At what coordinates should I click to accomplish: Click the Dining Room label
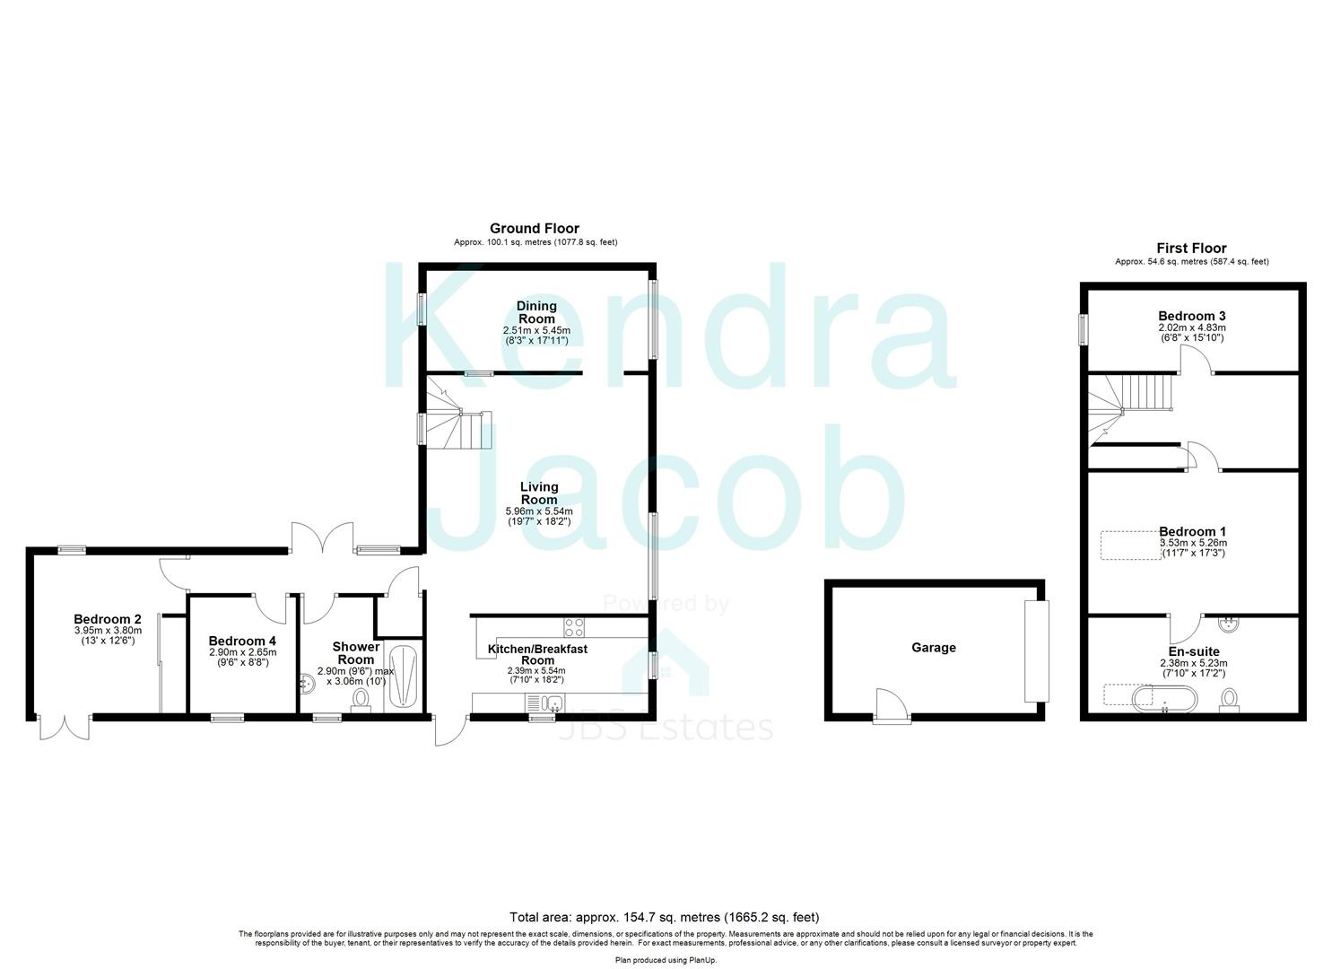(535, 312)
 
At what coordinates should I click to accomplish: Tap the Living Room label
(538, 493)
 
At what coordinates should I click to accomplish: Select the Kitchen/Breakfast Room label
(537, 654)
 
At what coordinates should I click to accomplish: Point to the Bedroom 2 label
(108, 619)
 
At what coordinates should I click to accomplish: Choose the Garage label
(934, 647)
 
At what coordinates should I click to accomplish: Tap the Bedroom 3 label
(1191, 316)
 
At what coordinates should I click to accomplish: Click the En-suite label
(1193, 651)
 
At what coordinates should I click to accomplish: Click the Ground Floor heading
(535, 229)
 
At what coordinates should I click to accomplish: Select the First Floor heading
(1191, 249)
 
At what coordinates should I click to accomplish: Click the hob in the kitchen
(574, 626)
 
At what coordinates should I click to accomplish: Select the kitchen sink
(544, 703)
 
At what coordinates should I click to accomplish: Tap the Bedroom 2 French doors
(65, 727)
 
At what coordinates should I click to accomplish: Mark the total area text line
(664, 917)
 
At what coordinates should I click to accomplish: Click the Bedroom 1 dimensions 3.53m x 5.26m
(1193, 543)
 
